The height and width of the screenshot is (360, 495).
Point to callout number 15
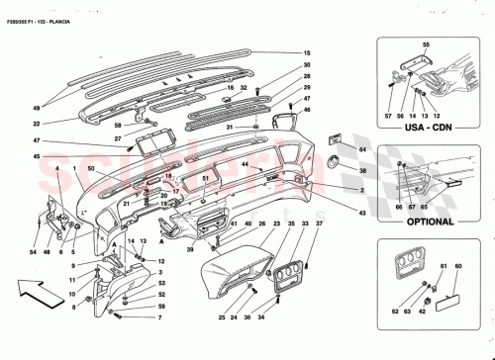308,52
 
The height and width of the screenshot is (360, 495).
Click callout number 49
36,106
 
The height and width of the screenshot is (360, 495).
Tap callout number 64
362,149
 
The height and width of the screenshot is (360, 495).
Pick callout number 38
362,170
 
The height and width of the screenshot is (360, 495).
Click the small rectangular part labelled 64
335,142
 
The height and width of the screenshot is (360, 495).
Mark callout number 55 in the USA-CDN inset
428,45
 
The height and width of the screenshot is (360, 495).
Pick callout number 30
308,65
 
